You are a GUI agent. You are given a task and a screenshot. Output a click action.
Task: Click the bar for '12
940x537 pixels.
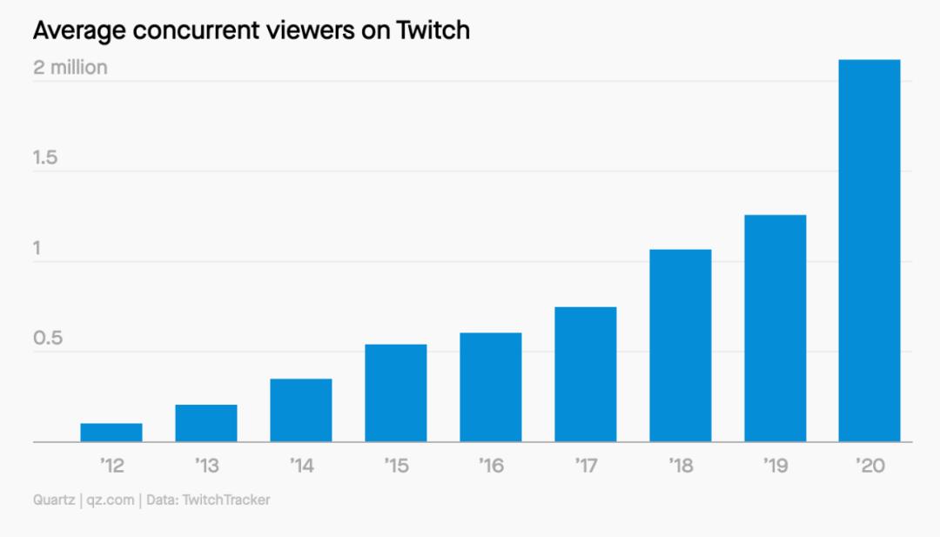111,433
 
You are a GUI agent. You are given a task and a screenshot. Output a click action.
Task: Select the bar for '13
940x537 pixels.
206,423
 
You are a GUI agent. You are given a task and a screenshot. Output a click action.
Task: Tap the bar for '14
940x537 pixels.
301,410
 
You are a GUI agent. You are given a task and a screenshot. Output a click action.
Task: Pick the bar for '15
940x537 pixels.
396,393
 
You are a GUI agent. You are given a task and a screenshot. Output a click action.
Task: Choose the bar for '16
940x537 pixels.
491,387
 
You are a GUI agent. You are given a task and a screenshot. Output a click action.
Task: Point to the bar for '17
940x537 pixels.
586,374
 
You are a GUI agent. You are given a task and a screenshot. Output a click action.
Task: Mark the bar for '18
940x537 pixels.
681,346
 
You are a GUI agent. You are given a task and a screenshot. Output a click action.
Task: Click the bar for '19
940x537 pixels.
775,328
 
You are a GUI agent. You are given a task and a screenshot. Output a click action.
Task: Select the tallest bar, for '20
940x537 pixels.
869,251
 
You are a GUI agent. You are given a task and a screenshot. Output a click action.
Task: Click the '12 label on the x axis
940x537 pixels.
111,467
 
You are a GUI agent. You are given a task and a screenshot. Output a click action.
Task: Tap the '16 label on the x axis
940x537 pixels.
491,467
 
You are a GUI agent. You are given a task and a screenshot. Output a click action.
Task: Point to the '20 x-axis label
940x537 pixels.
869,467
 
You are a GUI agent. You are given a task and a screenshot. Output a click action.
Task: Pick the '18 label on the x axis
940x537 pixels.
681,467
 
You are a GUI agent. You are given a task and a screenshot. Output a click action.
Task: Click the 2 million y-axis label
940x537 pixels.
70,67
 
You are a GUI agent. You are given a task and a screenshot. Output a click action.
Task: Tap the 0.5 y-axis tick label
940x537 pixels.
47,338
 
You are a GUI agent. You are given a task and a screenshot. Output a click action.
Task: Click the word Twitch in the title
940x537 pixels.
432,31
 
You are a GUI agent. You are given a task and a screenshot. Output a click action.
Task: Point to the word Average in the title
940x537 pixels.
73,31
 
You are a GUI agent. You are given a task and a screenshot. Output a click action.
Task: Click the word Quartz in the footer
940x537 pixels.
53,500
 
